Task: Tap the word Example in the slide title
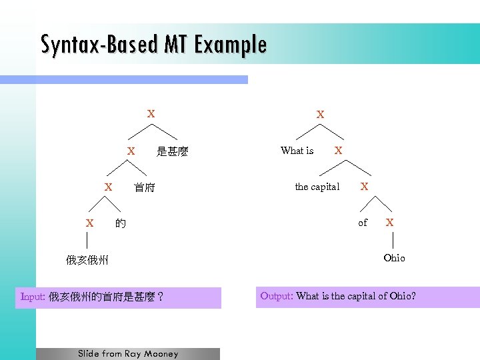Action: tap(231, 45)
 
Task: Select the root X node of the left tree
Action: tap(151, 114)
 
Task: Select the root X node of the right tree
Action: tap(321, 115)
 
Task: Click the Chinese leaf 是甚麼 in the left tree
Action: tap(173, 152)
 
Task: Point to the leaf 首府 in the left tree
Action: tap(144, 188)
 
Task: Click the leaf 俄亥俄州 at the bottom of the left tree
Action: tap(87, 260)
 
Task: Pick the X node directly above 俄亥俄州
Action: tap(89, 223)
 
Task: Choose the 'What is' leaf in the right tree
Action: tap(297, 151)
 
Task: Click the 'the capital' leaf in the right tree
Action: tap(317, 187)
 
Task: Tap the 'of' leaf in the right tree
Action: tap(363, 223)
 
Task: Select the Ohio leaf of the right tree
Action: tap(394, 258)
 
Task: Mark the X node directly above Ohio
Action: tap(390, 222)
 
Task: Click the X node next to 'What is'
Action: tap(339, 151)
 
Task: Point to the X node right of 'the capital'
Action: tap(365, 187)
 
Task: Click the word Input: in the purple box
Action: tap(33, 297)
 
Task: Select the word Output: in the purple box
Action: tap(276, 296)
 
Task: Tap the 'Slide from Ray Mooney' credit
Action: tap(128, 353)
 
